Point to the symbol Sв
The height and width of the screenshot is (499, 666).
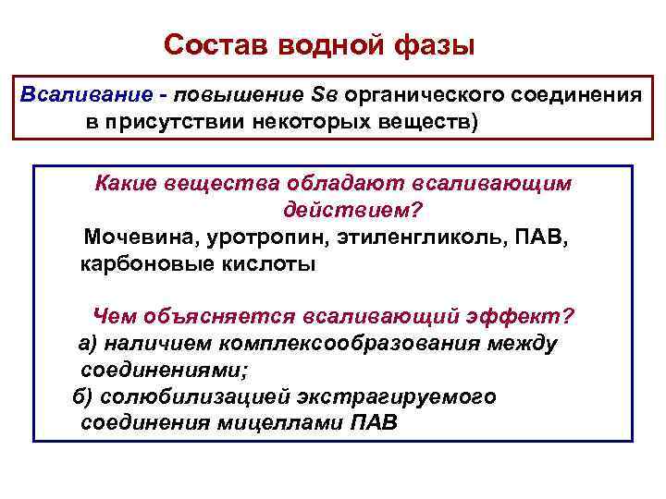(327, 95)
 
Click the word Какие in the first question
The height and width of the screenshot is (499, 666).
(129, 184)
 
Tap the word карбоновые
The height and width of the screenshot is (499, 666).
(135, 263)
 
